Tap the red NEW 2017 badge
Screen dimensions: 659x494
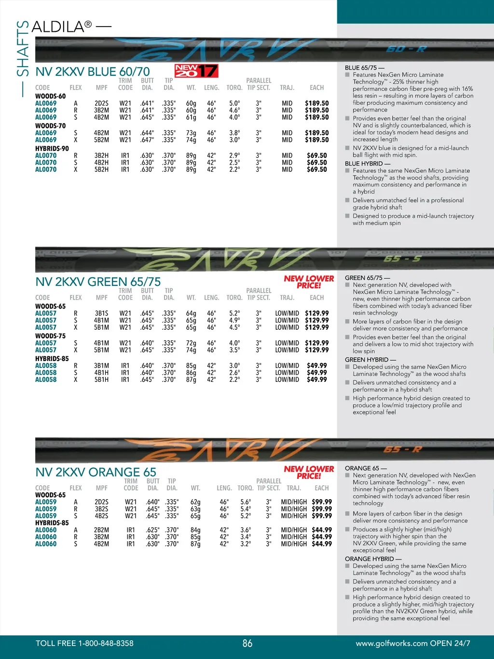(x=196, y=71)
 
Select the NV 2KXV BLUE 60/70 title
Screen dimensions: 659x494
(x=93, y=72)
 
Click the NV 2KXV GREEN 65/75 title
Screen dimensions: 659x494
(x=98, y=281)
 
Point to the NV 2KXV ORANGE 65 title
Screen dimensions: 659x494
(x=96, y=472)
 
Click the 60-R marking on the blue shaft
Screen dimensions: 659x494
(x=406, y=49)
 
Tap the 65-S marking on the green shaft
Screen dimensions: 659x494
(x=402, y=259)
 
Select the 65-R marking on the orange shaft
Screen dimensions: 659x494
(x=402, y=449)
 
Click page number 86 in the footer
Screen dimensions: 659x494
(x=247, y=643)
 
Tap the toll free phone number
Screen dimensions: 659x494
(x=84, y=643)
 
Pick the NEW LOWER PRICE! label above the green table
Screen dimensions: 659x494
(x=309, y=282)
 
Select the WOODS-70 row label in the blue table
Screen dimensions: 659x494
(x=50, y=126)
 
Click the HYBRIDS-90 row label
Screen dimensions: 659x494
(x=52, y=148)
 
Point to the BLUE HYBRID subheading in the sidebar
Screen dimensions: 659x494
(x=367, y=164)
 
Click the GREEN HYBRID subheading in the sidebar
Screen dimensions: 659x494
(x=370, y=360)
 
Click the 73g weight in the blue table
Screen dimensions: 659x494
(x=191, y=133)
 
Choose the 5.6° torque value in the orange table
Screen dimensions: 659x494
(x=246, y=502)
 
